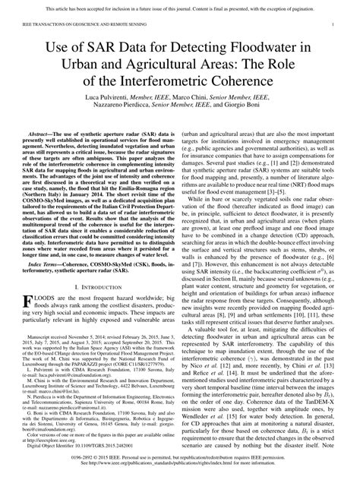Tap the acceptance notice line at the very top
coord(179,8)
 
